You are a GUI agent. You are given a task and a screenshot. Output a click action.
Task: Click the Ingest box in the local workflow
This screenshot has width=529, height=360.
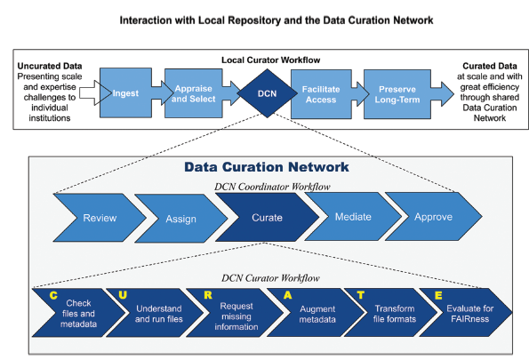(125, 93)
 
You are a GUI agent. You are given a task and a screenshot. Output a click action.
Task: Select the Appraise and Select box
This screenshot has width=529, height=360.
(193, 93)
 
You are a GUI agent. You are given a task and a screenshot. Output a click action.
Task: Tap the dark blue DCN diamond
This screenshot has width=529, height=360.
(268, 93)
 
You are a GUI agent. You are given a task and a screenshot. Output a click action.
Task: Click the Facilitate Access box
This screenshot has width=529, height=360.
(321, 94)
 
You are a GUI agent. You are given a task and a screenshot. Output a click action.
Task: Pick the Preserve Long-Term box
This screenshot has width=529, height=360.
(397, 94)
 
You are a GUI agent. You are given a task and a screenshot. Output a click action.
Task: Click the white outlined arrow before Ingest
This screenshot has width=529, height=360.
(95, 92)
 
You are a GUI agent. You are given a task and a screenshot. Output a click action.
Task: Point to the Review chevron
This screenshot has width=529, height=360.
(100, 218)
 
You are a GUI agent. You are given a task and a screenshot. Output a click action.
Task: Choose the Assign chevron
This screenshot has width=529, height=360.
(180, 219)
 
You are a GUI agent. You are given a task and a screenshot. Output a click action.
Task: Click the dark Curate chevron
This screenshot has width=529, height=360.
(268, 218)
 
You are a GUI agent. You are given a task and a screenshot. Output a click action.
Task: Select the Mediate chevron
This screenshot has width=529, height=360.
(353, 217)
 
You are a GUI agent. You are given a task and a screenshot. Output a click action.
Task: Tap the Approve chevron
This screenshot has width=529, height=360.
(434, 217)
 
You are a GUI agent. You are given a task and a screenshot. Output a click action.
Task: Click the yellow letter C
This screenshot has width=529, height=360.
(53, 296)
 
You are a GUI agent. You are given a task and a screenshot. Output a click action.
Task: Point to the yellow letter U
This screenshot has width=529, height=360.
(123, 295)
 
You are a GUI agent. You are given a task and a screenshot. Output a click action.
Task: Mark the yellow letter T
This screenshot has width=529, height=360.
(361, 295)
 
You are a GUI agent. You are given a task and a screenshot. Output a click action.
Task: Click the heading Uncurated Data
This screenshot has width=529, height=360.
(50, 66)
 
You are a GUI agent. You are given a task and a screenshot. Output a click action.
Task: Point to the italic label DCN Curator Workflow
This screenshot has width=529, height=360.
(270, 278)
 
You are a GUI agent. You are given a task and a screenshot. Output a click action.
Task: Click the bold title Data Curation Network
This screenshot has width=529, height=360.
(267, 167)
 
